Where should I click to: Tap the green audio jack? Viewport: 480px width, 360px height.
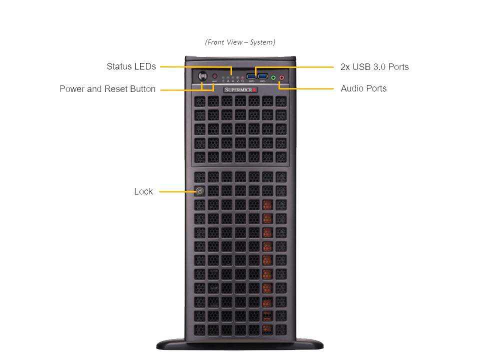click(273, 77)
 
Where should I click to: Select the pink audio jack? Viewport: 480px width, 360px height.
click(281, 77)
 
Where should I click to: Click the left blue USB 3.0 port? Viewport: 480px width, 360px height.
click(251, 76)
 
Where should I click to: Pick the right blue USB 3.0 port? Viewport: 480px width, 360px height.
click(263, 76)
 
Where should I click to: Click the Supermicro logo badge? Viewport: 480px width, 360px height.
click(240, 89)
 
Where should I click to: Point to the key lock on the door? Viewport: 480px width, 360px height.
click(199, 191)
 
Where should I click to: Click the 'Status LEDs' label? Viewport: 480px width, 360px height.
click(131, 66)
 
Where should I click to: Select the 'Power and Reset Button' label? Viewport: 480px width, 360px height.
click(107, 89)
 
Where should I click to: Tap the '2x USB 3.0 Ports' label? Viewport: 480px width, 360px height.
click(374, 67)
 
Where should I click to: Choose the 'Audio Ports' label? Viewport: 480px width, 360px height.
click(363, 88)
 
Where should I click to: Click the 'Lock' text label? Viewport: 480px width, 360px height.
click(143, 191)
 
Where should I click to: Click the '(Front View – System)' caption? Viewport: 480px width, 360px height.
click(240, 42)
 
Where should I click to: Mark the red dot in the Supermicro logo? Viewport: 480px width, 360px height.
click(254, 90)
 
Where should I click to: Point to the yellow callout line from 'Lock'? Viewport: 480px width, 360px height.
click(176, 191)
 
